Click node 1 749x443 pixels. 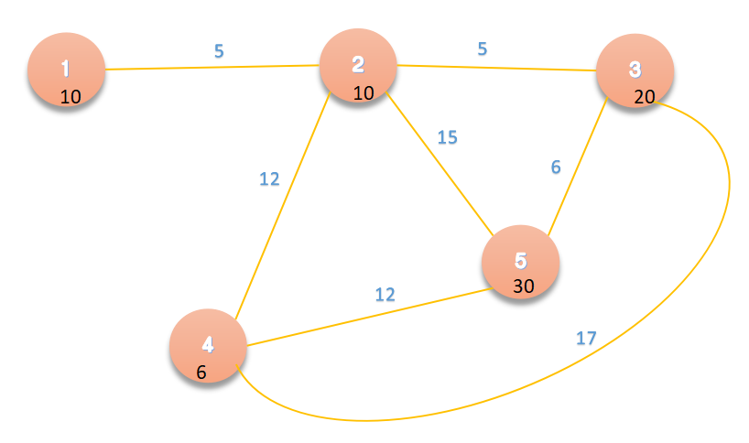pyautogui.click(x=65, y=70)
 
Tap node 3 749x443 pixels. pyautogui.click(x=635, y=72)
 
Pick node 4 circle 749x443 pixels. pyautogui.click(x=208, y=348)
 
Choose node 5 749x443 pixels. pyautogui.click(x=520, y=264)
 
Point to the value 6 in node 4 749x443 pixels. pyautogui.click(x=201, y=372)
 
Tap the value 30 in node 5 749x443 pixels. pyautogui.click(x=524, y=286)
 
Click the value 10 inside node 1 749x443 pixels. pyautogui.click(x=71, y=96)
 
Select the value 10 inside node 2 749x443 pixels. pyautogui.click(x=364, y=92)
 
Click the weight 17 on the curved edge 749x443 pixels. pyautogui.click(x=586, y=338)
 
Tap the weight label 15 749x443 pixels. pyautogui.click(x=447, y=138)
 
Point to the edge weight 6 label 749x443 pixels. pyautogui.click(x=555, y=167)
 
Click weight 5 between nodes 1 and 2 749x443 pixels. pyautogui.click(x=219, y=51)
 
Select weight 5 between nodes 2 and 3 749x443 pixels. pyautogui.click(x=483, y=49)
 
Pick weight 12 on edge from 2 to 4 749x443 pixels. pyautogui.click(x=268, y=179)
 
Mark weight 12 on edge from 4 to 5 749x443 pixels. pyautogui.click(x=385, y=295)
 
